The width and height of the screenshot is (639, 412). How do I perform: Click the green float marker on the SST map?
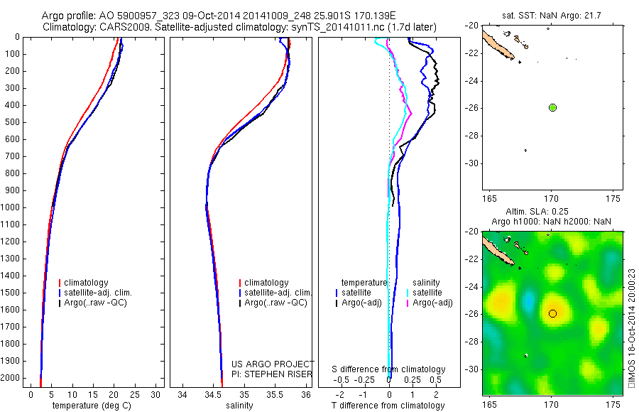click(x=552, y=107)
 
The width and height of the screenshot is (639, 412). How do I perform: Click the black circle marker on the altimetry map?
click(x=552, y=313)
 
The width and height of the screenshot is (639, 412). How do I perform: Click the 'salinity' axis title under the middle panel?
click(x=239, y=406)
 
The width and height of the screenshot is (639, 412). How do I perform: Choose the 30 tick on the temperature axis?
click(x=157, y=395)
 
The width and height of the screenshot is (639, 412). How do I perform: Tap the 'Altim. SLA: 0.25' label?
click(x=551, y=212)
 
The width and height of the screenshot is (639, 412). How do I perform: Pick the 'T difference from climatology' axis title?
click(x=388, y=406)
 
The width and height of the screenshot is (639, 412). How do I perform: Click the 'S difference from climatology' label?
click(x=389, y=369)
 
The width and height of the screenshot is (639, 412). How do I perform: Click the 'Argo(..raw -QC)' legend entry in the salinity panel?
click(x=275, y=303)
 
